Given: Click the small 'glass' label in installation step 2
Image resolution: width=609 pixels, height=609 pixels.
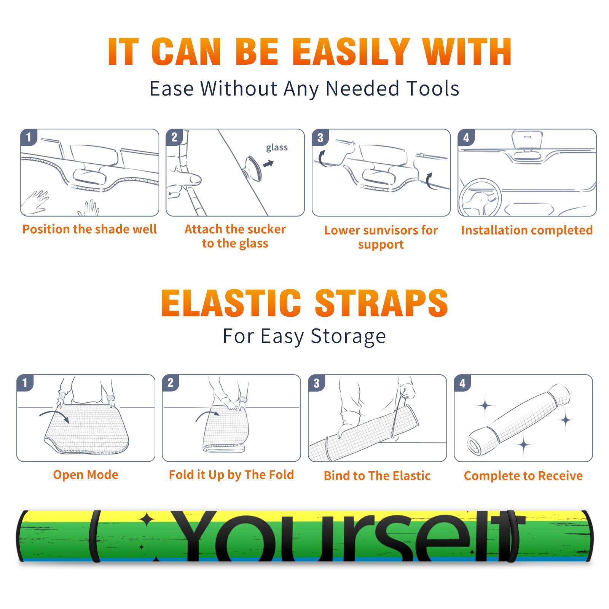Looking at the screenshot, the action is [277, 148].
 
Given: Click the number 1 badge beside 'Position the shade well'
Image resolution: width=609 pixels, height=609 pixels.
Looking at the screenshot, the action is [29, 137].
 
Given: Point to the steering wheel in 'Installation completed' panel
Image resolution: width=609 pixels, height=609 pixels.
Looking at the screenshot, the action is [480, 198].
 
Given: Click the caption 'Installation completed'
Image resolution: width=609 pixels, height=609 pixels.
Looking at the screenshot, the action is [527, 230].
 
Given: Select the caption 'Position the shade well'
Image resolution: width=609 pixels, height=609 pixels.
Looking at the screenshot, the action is [89, 229].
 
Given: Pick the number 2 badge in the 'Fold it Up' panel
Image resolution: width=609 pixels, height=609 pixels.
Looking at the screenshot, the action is [171, 383].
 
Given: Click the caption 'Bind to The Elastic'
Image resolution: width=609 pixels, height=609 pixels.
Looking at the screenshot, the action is [377, 475].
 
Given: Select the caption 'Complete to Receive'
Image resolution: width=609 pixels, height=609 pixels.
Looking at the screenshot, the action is [523, 475].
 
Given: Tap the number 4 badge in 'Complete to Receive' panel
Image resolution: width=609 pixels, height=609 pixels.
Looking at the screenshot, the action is [462, 383].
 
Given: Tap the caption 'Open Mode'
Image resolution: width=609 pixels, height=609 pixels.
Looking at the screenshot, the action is [86, 475].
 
